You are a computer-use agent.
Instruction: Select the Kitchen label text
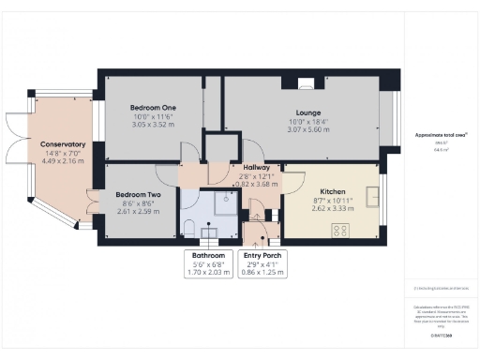333,190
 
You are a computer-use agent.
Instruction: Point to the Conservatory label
63,144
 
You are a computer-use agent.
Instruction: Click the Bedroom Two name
138,195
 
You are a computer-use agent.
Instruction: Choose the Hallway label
256,167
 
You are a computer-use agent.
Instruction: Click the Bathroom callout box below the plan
209,262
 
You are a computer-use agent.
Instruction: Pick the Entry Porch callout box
263,262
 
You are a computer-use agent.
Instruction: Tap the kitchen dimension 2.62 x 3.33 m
333,209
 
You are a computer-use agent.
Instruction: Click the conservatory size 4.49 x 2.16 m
63,160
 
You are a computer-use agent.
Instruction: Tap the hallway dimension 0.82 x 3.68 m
256,185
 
